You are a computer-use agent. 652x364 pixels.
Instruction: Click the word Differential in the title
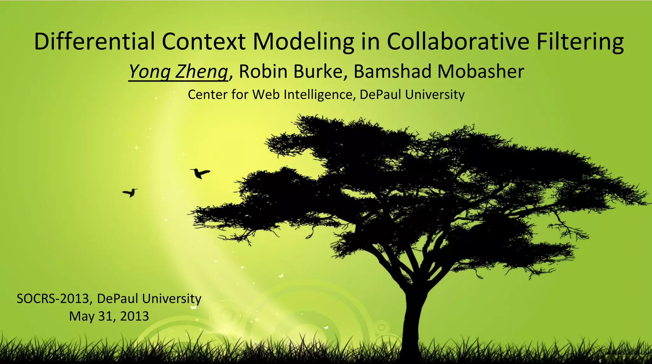(94, 41)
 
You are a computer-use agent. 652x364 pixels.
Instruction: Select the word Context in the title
(203, 41)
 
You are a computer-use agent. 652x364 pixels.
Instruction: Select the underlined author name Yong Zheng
(178, 71)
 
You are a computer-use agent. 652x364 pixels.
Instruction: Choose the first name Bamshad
(392, 71)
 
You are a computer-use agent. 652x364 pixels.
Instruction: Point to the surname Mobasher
(480, 71)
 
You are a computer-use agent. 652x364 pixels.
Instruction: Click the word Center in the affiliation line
(208, 95)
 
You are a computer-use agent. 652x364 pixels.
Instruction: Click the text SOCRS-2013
(53, 299)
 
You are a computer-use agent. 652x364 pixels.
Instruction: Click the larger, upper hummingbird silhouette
(201, 173)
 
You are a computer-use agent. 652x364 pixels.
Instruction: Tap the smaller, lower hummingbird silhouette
(130, 192)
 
